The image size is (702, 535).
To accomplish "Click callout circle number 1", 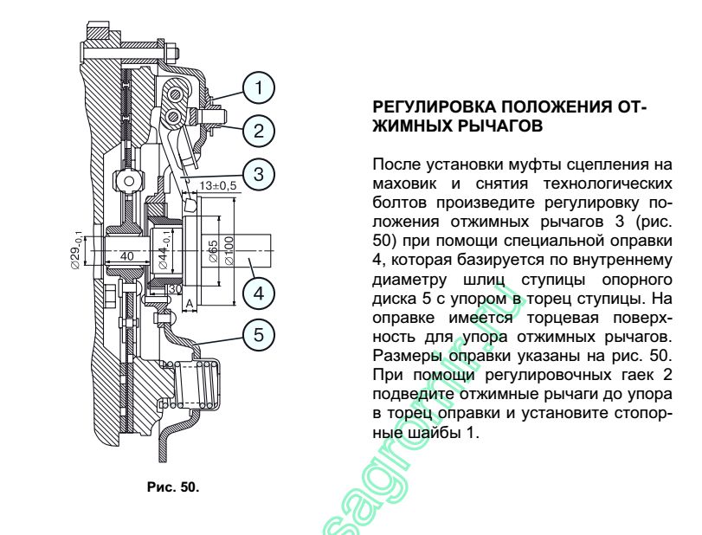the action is pyautogui.click(x=259, y=88).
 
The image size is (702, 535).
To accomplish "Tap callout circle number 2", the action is pyautogui.click(x=259, y=132).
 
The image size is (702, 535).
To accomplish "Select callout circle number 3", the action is pyautogui.click(x=259, y=175).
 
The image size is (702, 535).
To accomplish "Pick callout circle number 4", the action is pyautogui.click(x=259, y=293).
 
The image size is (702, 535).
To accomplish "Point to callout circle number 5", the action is pyautogui.click(x=259, y=335).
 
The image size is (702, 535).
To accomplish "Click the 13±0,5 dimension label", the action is pyautogui.click(x=217, y=185).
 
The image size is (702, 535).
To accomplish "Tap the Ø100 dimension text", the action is pyautogui.click(x=229, y=251).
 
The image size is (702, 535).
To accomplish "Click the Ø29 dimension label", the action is pyautogui.click(x=76, y=250).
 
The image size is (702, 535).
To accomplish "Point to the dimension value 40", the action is pyautogui.click(x=126, y=256).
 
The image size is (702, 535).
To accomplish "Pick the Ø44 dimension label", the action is pyautogui.click(x=164, y=250).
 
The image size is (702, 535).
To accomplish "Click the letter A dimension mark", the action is pyautogui.click(x=190, y=304).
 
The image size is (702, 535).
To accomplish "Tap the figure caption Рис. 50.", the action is pyautogui.click(x=173, y=487).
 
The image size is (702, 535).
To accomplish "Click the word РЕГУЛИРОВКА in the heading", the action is pyautogui.click(x=434, y=107).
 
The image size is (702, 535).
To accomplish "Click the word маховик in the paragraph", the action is pyautogui.click(x=404, y=184).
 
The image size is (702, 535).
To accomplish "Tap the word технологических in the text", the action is pyautogui.click(x=608, y=184).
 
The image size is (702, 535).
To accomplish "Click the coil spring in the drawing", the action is pyautogui.click(x=196, y=384).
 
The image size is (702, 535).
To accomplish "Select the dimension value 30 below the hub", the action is pyautogui.click(x=175, y=289).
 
